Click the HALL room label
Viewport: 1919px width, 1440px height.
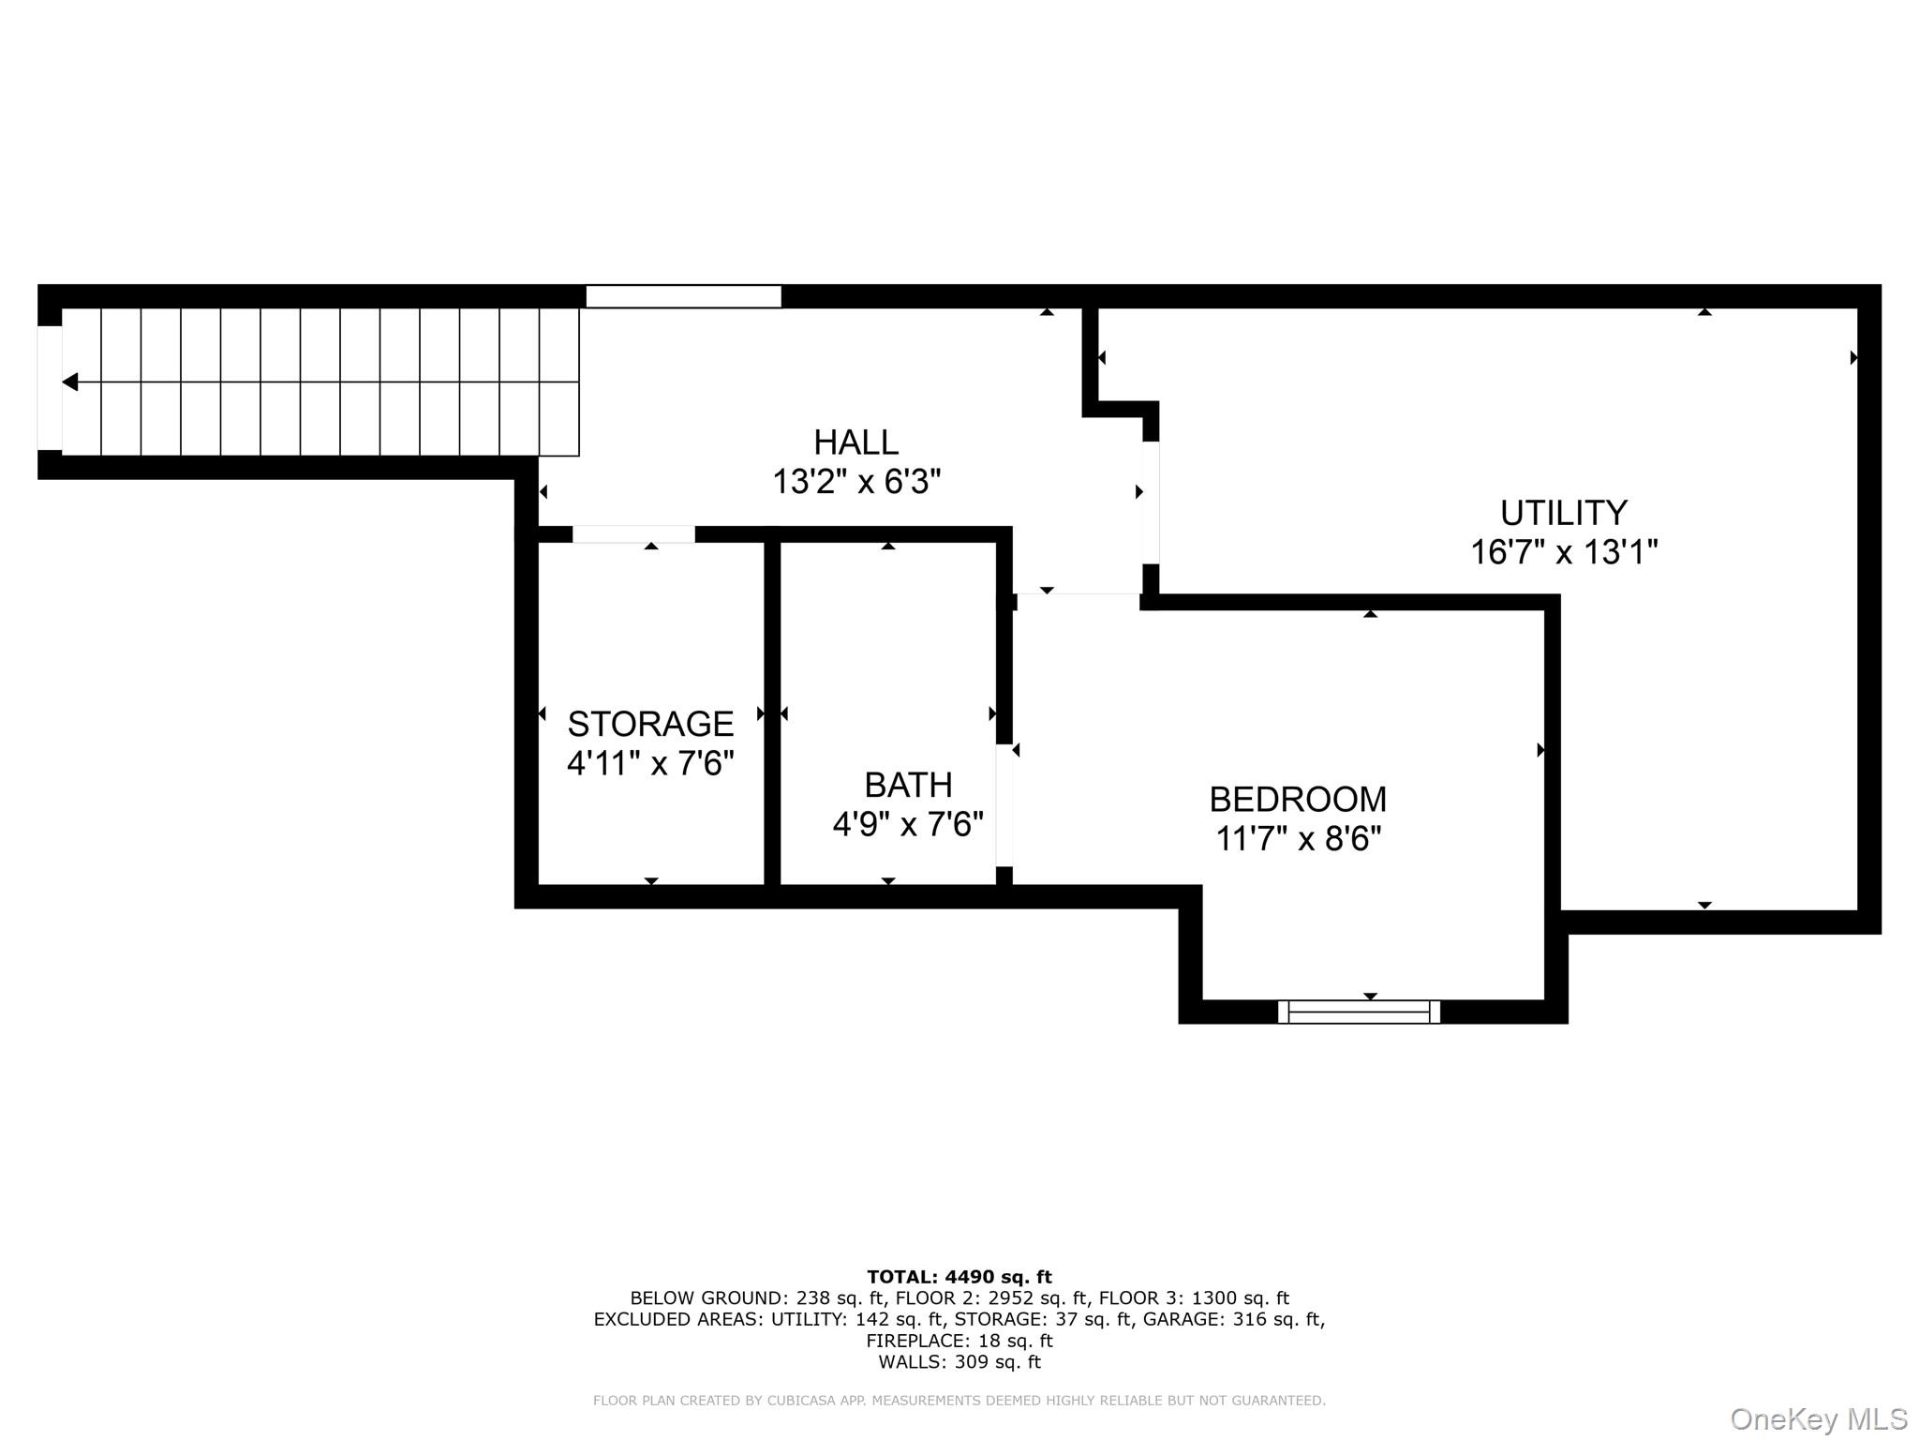click(x=855, y=442)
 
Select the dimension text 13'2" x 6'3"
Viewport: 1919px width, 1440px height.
click(x=855, y=482)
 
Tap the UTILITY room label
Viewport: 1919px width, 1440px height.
click(x=1563, y=513)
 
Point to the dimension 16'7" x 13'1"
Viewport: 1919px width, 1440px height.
click(x=1563, y=552)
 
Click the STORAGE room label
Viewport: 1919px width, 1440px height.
click(x=650, y=724)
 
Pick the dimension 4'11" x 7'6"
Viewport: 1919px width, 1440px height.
click(x=650, y=763)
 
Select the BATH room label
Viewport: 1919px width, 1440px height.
click(x=907, y=784)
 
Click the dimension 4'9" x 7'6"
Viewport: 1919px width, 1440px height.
click(x=907, y=824)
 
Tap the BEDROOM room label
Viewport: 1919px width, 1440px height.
click(x=1298, y=799)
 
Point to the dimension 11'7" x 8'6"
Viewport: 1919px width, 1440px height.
click(x=1298, y=838)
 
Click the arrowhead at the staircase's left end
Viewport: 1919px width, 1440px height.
click(x=70, y=382)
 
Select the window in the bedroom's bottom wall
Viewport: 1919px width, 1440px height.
click(x=1359, y=1012)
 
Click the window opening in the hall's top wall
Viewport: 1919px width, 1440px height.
click(x=683, y=296)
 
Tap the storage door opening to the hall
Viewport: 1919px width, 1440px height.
click(x=633, y=534)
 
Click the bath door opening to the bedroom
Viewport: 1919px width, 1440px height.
click(x=1004, y=805)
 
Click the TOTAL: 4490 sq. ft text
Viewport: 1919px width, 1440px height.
click(x=959, y=1277)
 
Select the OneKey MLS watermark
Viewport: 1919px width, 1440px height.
click(x=1818, y=1418)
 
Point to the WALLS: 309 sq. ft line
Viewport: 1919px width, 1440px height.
click(x=959, y=1362)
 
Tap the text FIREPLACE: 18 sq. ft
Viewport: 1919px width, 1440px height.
click(x=959, y=1341)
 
